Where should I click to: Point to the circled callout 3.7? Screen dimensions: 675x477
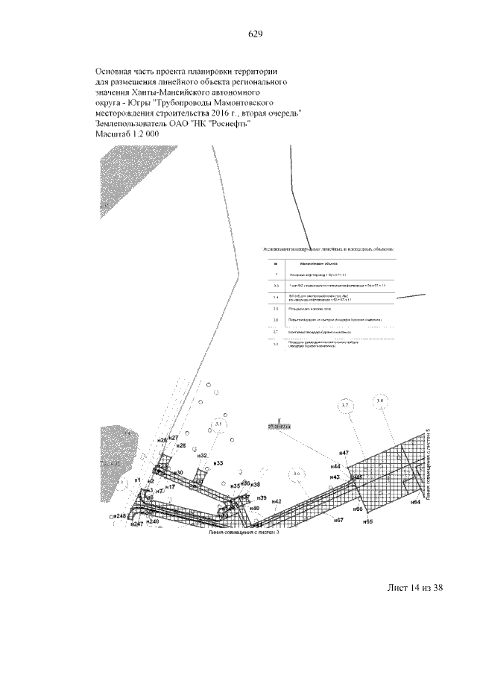(x=345, y=406)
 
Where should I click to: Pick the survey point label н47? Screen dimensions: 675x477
(x=344, y=453)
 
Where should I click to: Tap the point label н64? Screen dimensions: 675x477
(x=416, y=503)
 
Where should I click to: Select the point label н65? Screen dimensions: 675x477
(x=367, y=522)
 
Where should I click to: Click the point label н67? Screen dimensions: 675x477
(x=338, y=519)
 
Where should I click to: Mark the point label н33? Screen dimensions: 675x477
(x=218, y=464)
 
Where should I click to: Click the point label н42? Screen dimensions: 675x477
(x=276, y=501)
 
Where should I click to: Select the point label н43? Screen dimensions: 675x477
(x=335, y=477)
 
